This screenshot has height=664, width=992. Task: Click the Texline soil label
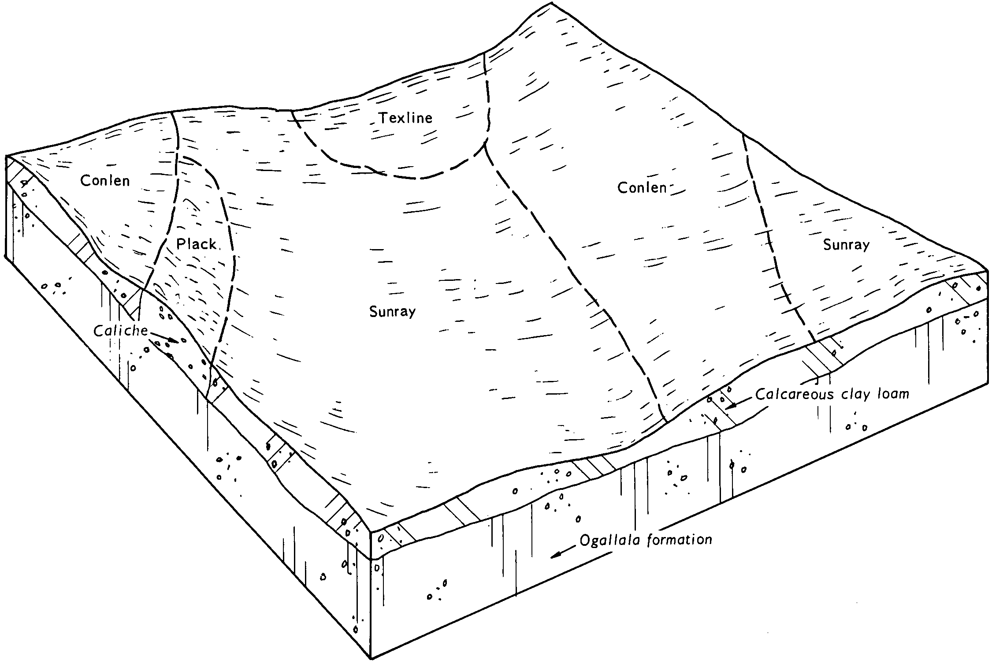click(406, 118)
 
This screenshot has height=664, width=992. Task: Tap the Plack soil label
click(197, 244)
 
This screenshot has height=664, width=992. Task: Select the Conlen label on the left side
click(105, 180)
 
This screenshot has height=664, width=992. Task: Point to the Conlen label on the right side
click(642, 188)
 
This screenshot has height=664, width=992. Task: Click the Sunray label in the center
click(393, 312)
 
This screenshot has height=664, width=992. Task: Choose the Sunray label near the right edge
click(847, 245)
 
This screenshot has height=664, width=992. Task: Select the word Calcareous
click(791, 394)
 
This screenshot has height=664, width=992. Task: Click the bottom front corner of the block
click(371, 659)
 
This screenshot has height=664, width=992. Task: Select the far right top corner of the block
click(987, 272)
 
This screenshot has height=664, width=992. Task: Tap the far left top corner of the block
click(6, 156)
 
